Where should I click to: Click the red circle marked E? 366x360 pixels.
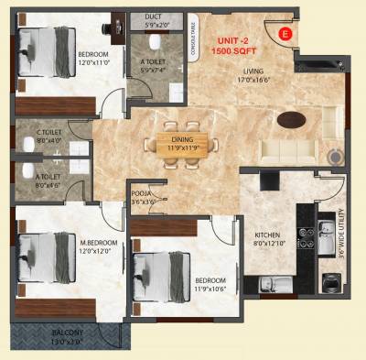[284, 33]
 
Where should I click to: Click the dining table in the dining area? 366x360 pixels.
[185, 142]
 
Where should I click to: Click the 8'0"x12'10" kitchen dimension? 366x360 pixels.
[266, 245]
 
